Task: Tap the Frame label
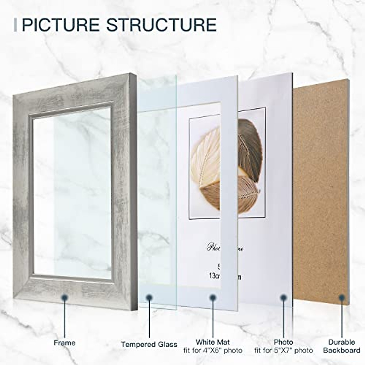click(x=64, y=343)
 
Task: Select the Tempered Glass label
click(x=149, y=344)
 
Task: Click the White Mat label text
click(x=213, y=342)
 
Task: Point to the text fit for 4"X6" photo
click(x=213, y=350)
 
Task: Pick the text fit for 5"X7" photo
click(x=283, y=350)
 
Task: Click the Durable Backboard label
click(x=342, y=346)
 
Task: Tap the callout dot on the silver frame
click(x=64, y=298)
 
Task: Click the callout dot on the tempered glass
click(x=149, y=298)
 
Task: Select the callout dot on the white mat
click(x=213, y=298)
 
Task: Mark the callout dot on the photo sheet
click(x=283, y=298)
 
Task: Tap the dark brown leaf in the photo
click(x=249, y=146)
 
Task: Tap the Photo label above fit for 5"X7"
click(x=283, y=342)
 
